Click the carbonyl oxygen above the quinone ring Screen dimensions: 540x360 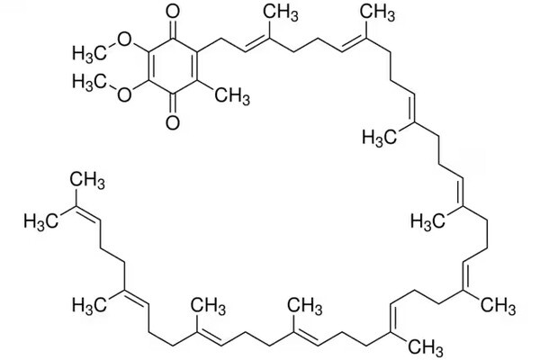[172, 12]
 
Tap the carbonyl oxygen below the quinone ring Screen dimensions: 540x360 [172, 123]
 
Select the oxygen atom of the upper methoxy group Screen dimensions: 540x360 [124, 40]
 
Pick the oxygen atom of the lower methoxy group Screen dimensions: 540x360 [124, 94]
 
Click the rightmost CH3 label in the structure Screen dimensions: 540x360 [498, 306]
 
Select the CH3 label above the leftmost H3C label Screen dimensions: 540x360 [87, 181]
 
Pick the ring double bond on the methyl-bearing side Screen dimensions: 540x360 [195, 67]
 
